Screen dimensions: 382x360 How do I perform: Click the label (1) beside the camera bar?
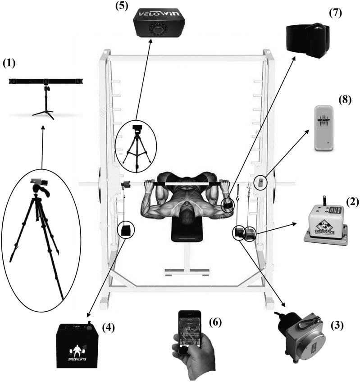click(x=9, y=64)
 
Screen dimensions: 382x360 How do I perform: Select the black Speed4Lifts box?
click(x=75, y=344)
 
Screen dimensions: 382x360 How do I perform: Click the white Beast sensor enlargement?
click(x=326, y=127)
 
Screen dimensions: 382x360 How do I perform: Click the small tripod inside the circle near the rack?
click(x=136, y=146)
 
